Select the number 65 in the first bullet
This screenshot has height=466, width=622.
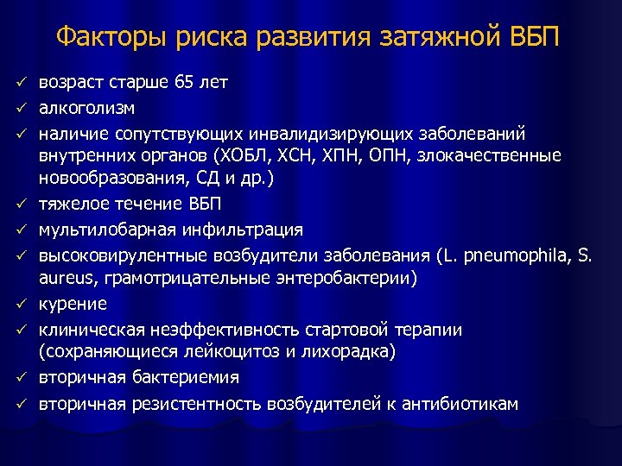pyautogui.click(x=185, y=84)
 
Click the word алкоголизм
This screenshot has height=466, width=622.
pyautogui.click(x=87, y=109)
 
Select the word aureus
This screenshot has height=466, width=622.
pyautogui.click(x=65, y=278)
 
